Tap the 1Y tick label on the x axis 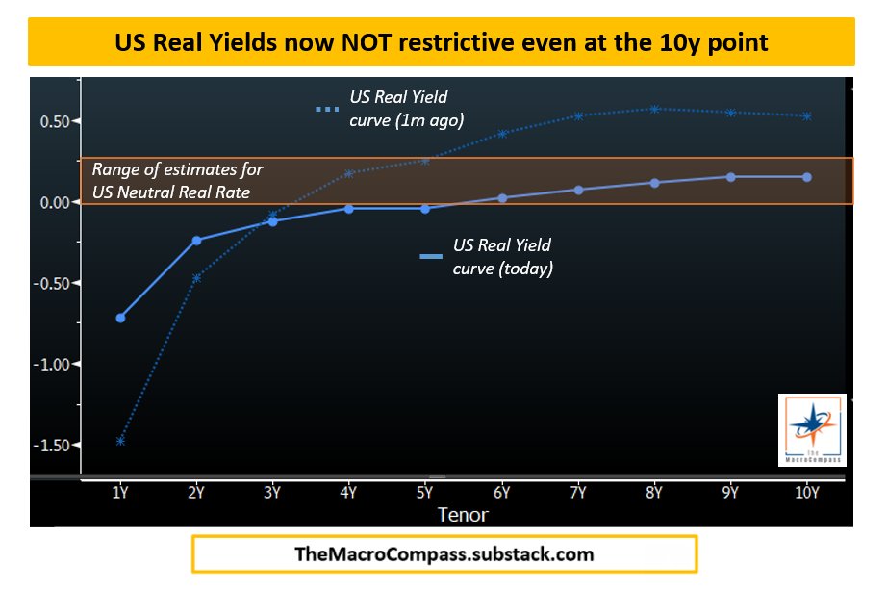121,493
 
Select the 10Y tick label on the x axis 806,493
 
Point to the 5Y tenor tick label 425,493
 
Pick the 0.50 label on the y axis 54,121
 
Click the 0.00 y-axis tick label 54,202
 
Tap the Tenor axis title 464,515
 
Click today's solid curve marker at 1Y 121,318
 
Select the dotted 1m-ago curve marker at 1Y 121,441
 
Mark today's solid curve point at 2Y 197,240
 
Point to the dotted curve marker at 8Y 654,109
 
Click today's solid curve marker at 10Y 806,177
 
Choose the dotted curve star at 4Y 349,173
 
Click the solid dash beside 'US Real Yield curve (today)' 431,256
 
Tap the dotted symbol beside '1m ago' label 328,109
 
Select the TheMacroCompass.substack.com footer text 443,554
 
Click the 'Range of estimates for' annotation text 178,169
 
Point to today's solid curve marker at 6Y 501,198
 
